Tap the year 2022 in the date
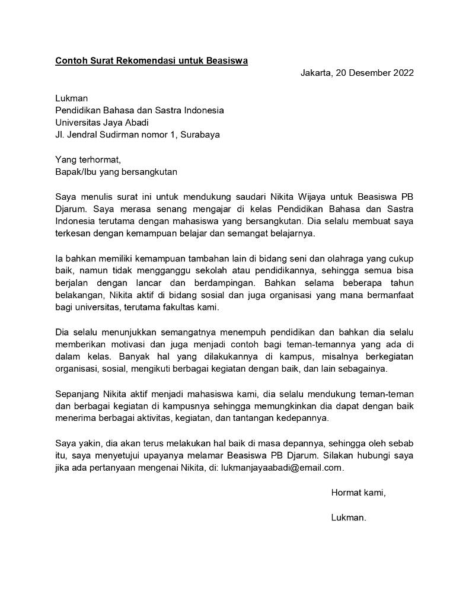pos(401,73)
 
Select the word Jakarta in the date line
pos(315,73)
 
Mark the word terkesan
pos(73,233)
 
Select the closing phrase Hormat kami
pos(358,492)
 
